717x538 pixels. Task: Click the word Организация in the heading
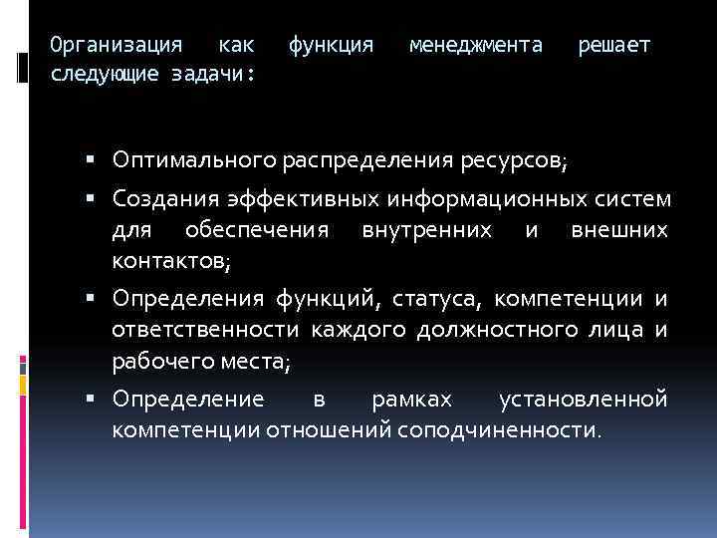click(117, 45)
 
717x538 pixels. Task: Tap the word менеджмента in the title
click(476, 45)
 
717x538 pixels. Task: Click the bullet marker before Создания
click(91, 198)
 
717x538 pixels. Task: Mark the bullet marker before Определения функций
click(91, 297)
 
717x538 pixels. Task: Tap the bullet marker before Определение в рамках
click(91, 398)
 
